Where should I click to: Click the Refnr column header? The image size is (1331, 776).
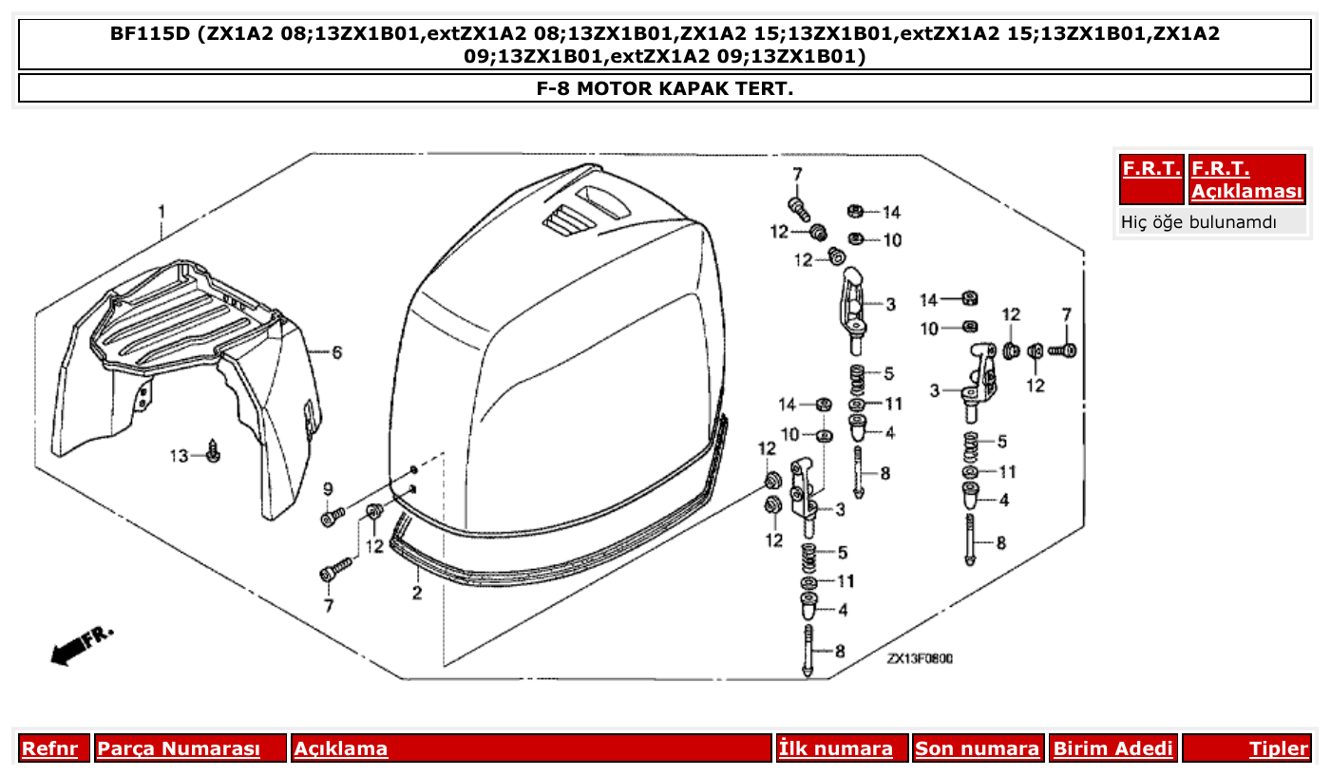tap(49, 748)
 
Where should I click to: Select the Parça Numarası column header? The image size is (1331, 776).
tap(179, 748)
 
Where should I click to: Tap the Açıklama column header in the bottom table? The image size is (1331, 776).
tap(341, 748)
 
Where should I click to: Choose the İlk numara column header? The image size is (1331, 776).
tap(836, 748)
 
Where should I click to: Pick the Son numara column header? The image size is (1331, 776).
tap(977, 748)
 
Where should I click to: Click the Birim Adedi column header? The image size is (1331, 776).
tap(1112, 748)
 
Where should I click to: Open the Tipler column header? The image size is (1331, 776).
tap(1278, 748)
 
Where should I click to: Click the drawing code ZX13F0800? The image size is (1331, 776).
tap(920, 658)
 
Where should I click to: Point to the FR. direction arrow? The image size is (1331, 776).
tap(81, 645)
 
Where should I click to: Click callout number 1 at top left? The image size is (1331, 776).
tap(162, 209)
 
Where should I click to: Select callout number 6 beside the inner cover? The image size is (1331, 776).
tap(336, 352)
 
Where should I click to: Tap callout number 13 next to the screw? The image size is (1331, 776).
tap(180, 456)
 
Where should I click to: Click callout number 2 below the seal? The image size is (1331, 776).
tap(416, 594)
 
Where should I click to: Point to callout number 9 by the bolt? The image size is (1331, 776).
tap(328, 489)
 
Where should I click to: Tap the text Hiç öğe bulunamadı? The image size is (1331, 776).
tap(1199, 222)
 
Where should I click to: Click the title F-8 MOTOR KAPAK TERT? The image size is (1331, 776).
tap(665, 88)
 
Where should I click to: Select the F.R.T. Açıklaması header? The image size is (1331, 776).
tap(1246, 180)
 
